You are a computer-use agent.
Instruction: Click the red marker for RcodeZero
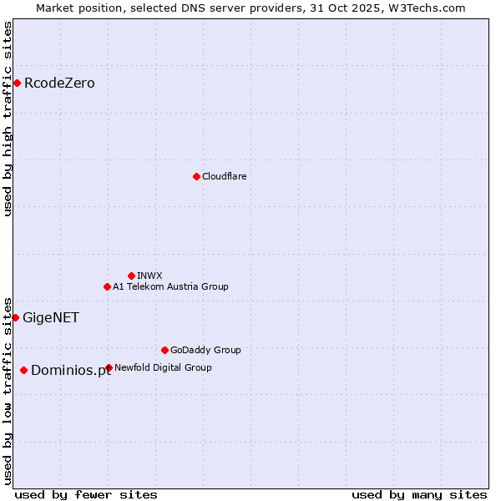click(x=17, y=83)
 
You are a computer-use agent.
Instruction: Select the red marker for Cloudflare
click(x=196, y=176)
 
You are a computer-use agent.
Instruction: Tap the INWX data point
click(x=131, y=276)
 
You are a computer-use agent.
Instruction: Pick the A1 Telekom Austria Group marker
click(x=107, y=286)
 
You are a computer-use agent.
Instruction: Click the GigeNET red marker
click(x=15, y=317)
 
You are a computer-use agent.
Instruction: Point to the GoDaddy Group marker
click(x=164, y=350)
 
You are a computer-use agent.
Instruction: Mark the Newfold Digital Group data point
click(x=109, y=367)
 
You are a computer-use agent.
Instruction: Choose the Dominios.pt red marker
click(x=23, y=370)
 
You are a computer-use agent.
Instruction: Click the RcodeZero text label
click(x=59, y=83)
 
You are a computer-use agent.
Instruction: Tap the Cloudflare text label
click(x=224, y=176)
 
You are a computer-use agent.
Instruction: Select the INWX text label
click(x=149, y=276)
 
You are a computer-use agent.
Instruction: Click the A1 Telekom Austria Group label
click(x=170, y=286)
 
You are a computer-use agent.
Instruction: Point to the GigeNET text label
click(x=50, y=317)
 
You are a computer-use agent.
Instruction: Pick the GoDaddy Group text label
click(x=205, y=350)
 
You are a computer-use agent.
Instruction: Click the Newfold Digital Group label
click(x=163, y=367)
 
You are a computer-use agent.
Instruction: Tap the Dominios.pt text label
click(x=70, y=371)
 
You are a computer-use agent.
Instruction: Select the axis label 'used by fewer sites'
click(x=86, y=494)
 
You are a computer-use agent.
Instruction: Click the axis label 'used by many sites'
click(x=419, y=494)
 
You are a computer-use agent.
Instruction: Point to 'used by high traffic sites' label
click(x=8, y=119)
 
